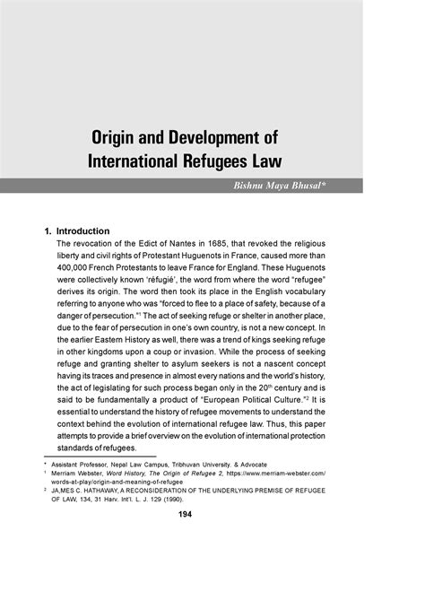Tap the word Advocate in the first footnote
(286, 466)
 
